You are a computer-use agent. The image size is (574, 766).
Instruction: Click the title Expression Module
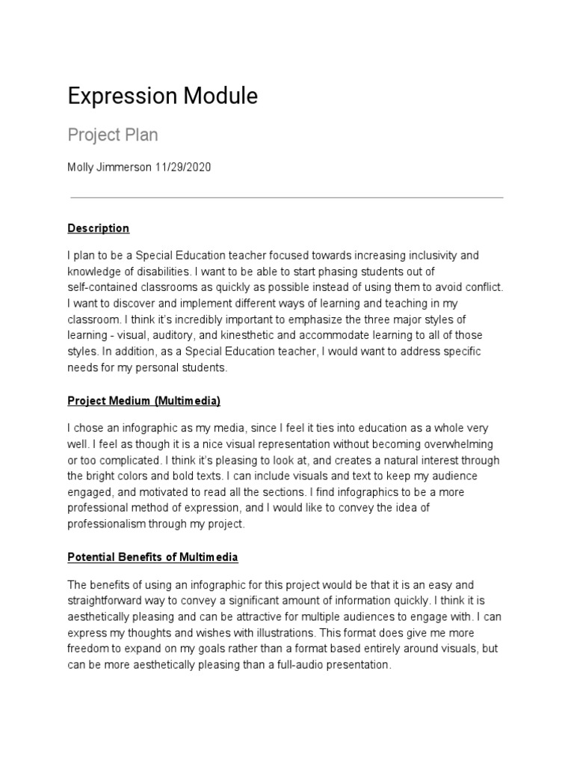coord(162,96)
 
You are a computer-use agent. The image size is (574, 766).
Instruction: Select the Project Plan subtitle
coord(113,135)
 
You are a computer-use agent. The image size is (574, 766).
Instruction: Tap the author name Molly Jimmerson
coord(109,167)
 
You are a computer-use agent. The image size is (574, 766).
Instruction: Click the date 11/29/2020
coord(183,167)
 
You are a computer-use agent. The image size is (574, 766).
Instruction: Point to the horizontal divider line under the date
coord(286,198)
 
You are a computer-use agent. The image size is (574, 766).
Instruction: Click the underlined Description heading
coord(98,228)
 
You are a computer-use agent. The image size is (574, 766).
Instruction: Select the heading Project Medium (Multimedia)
coord(143,401)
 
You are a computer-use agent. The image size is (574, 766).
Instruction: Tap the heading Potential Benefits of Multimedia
coord(152,557)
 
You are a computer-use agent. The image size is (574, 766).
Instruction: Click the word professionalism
coord(111,524)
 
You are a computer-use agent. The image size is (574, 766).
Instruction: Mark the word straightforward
coord(112,601)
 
